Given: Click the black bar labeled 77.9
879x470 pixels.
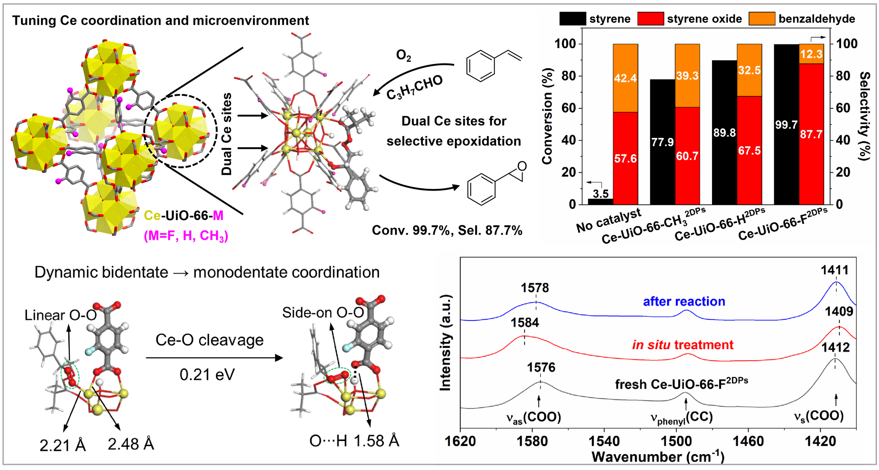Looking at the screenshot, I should pyautogui.click(x=662, y=142).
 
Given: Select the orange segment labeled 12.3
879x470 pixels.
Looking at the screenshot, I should pyautogui.click(x=811, y=54).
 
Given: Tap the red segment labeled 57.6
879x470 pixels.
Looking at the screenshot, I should pyautogui.click(x=625, y=158).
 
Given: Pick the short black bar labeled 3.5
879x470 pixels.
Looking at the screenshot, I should pyautogui.click(x=600, y=201).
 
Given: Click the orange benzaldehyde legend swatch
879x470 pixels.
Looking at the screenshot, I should pyautogui.click(x=761, y=19).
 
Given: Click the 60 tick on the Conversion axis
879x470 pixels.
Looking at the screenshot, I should pyautogui.click(x=569, y=108).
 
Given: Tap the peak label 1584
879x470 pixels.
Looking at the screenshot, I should pyautogui.click(x=525, y=323).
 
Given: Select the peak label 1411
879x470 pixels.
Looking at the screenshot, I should pyautogui.click(x=835, y=270).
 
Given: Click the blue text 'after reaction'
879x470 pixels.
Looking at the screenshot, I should pyautogui.click(x=684, y=301).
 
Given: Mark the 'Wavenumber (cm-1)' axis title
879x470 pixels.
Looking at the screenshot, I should pyautogui.click(x=658, y=457).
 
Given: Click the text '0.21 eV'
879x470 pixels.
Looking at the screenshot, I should pyautogui.click(x=207, y=375).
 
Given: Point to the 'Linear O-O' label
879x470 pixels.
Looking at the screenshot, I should pyautogui.click(x=61, y=315).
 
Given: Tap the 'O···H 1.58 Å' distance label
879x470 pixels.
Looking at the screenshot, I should pyautogui.click(x=354, y=441).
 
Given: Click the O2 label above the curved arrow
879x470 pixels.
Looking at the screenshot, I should pyautogui.click(x=403, y=56).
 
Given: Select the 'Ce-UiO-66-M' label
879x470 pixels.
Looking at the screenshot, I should pyautogui.click(x=183, y=215).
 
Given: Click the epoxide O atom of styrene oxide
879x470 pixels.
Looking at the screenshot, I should pyautogui.click(x=522, y=166).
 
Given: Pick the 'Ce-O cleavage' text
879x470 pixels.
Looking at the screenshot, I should pyautogui.click(x=209, y=340).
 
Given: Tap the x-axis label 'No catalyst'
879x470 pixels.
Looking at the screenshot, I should pyautogui.click(x=608, y=221).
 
